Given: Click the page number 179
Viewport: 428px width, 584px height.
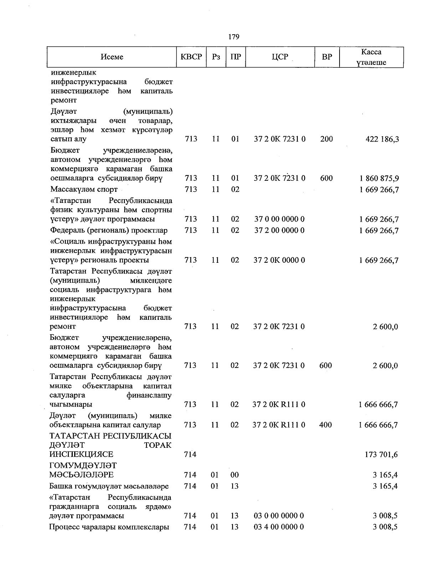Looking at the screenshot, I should [x=234, y=37].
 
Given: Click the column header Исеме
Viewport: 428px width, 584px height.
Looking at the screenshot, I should [x=112, y=57].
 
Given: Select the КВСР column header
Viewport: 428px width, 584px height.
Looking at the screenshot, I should [x=191, y=57].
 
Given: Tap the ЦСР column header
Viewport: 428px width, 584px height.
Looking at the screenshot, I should [x=280, y=57].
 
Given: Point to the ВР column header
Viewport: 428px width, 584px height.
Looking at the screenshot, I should [x=326, y=57].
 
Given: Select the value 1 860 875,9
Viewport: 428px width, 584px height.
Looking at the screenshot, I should [x=379, y=178].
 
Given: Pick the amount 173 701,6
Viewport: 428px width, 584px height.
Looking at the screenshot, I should [x=380, y=455].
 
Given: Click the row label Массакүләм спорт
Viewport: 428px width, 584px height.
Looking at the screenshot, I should [x=84, y=189].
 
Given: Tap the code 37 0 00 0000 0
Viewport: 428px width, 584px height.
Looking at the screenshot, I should [x=279, y=219].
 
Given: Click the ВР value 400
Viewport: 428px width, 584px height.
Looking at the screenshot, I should [x=326, y=425].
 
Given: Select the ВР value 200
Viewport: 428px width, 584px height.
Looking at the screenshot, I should [x=326, y=139].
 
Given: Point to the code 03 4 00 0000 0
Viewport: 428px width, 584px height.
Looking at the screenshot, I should [x=279, y=527].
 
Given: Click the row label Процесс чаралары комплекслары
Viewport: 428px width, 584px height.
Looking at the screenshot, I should [x=109, y=527].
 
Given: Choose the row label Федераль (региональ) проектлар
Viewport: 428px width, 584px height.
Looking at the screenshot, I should [x=109, y=230].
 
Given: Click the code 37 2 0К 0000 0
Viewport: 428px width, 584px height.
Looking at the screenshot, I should [x=279, y=260].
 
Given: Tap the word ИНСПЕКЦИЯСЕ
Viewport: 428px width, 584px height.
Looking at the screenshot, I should [x=82, y=455].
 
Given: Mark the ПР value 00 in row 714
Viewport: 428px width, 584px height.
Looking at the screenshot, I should [x=234, y=475].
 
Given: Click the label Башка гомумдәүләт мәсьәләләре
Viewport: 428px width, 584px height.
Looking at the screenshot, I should [x=109, y=486].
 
